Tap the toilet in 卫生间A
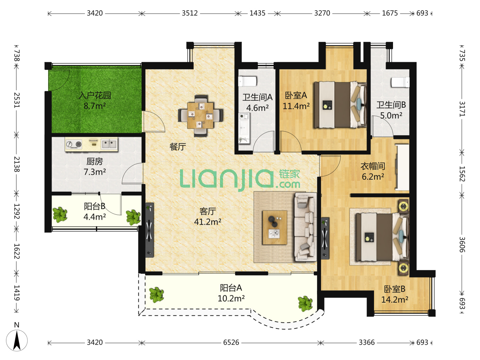coord(247,82)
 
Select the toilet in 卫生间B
coord(400,82)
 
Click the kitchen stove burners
coord(74,144)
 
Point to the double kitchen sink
coord(109,144)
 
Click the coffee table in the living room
coord(274,227)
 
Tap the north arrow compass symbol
coord(17,340)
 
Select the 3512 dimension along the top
coord(190,13)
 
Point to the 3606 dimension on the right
coord(462,244)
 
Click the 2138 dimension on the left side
coord(17,164)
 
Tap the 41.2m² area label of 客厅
coord(208,222)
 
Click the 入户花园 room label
coord(95,96)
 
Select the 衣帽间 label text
coord(373,166)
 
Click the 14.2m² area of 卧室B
coord(394,299)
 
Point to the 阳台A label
coord(231,288)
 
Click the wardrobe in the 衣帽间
coord(402,167)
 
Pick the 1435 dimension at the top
coord(257,13)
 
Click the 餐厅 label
coord(178,146)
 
